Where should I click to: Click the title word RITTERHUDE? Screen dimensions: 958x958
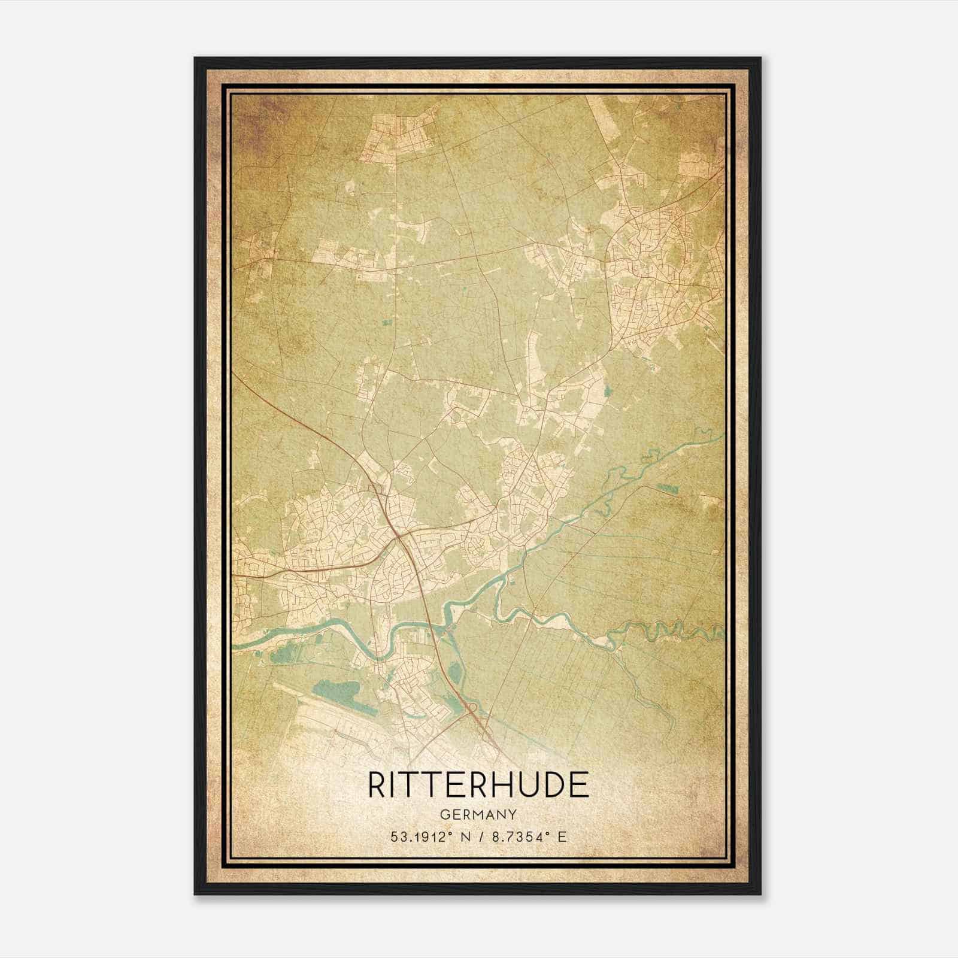point(478,785)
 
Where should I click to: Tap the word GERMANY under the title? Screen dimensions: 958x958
point(478,815)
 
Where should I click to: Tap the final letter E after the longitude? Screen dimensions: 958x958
point(562,837)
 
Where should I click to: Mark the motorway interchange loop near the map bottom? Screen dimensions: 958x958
point(469,711)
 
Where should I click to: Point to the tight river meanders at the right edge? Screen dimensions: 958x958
point(677,629)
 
